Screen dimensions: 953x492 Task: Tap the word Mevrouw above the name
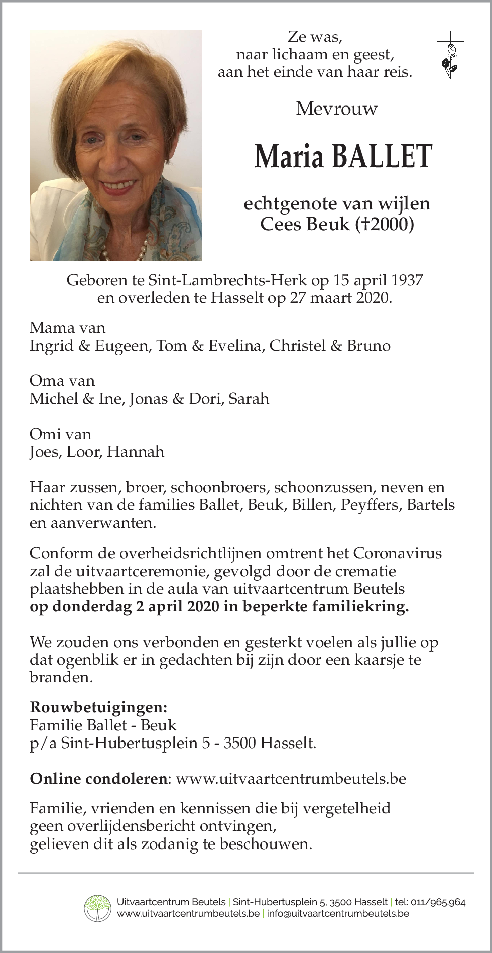(x=336, y=109)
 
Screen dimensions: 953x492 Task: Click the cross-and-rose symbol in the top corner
(x=450, y=56)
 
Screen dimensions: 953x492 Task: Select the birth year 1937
(x=407, y=280)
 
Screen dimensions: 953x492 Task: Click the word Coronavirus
(x=398, y=553)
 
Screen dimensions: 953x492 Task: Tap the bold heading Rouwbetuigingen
(x=98, y=707)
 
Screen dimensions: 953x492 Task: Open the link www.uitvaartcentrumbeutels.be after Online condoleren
(x=291, y=778)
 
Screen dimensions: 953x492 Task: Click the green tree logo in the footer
(x=97, y=908)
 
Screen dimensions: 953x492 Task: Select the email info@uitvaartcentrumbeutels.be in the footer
(x=338, y=913)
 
